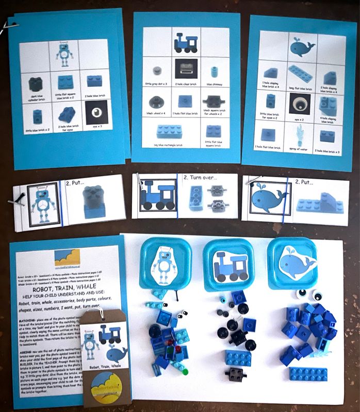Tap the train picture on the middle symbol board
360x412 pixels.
tap(186, 42)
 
